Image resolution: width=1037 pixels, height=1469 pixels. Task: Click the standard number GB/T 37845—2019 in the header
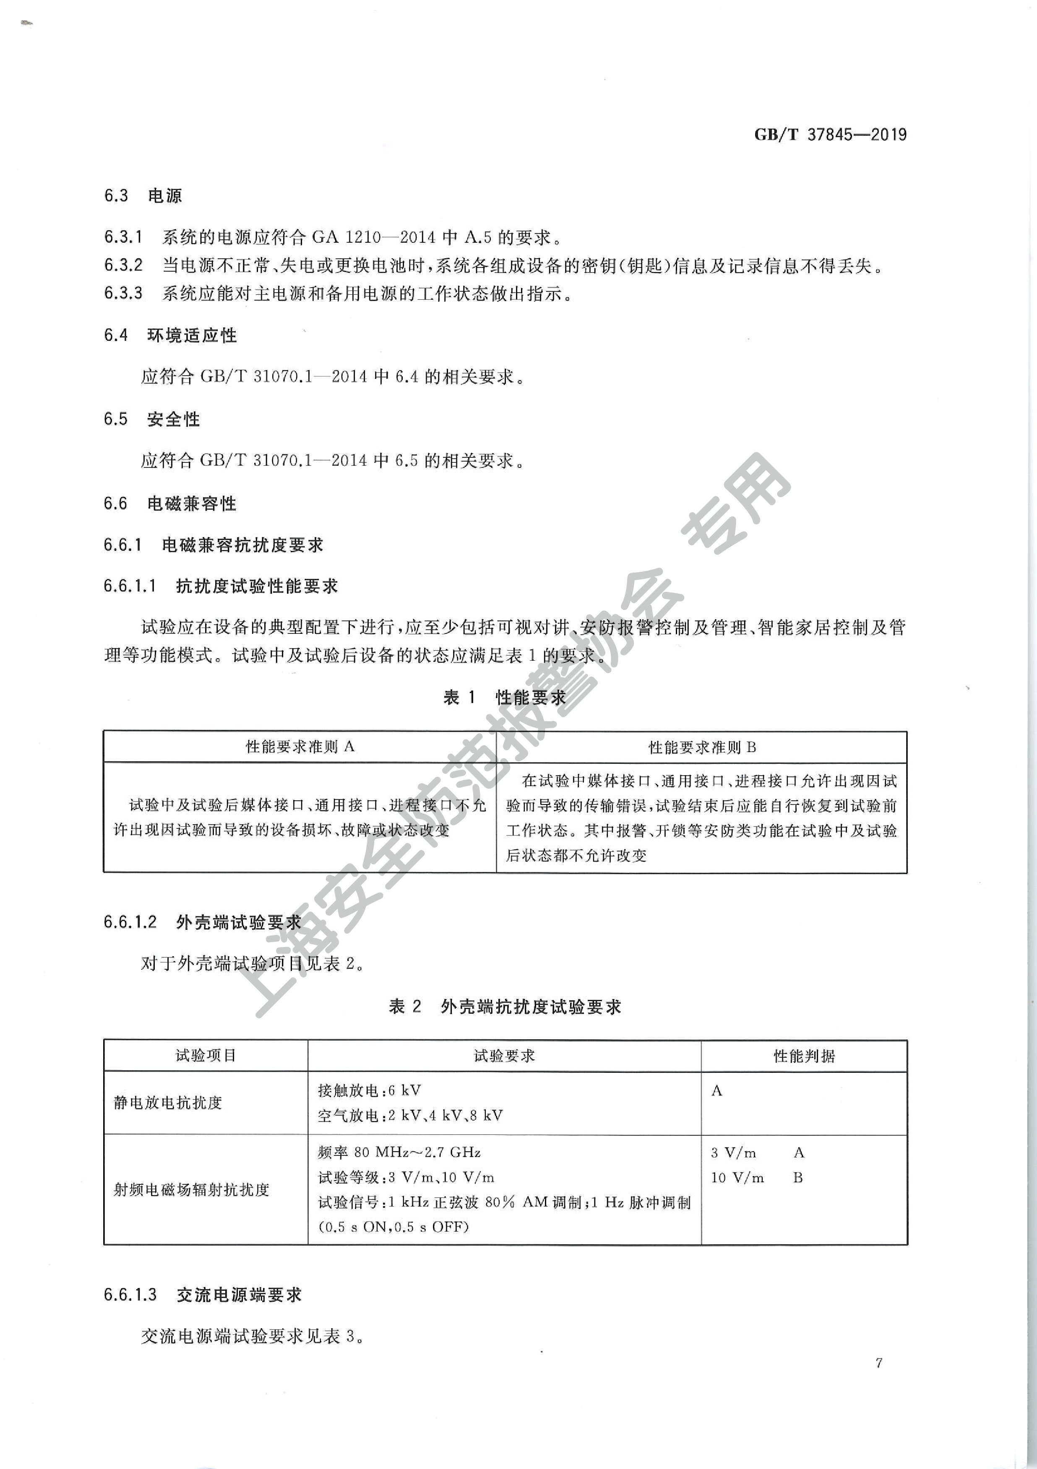pyautogui.click(x=830, y=135)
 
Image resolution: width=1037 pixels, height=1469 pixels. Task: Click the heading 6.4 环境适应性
pyautogui.click(x=170, y=335)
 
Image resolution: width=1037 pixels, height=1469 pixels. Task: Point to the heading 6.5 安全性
pyautogui.click(x=152, y=419)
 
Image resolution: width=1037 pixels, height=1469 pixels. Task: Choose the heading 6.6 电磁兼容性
pyautogui.click(x=170, y=504)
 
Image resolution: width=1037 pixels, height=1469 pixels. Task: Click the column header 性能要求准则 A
pyautogui.click(x=300, y=747)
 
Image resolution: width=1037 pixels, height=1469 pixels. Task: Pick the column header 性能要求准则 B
pyautogui.click(x=701, y=747)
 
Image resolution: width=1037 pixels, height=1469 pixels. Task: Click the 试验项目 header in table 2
pyautogui.click(x=206, y=1055)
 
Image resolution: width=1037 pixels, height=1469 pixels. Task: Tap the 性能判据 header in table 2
pyautogui.click(x=804, y=1056)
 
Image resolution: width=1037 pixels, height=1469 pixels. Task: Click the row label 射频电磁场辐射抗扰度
pyautogui.click(x=191, y=1189)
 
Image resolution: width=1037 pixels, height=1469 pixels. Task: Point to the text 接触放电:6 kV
pyautogui.click(x=369, y=1090)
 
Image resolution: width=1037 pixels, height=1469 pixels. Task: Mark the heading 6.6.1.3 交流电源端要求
pyautogui.click(x=202, y=1295)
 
